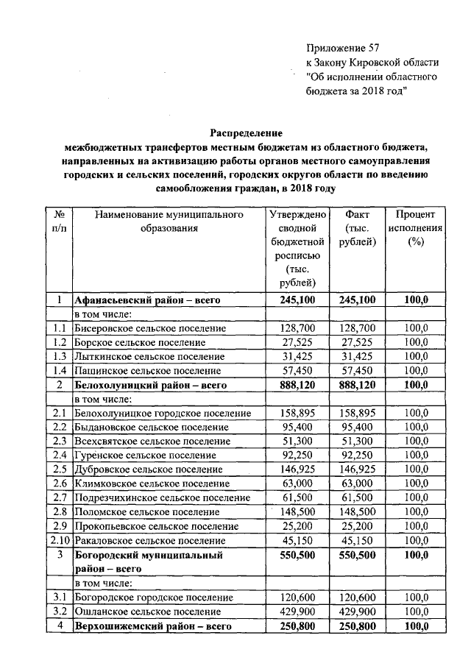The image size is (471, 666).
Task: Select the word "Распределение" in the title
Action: pyautogui.click(x=247, y=133)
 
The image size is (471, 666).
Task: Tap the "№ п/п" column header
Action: pyautogui.click(x=60, y=222)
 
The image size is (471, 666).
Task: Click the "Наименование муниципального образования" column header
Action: pyautogui.click(x=169, y=222)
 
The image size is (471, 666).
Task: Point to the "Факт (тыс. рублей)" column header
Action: pyautogui.click(x=358, y=228)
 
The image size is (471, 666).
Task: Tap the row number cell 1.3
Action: pyautogui.click(x=60, y=356)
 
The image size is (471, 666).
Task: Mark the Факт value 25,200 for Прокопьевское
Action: pyautogui.click(x=358, y=525)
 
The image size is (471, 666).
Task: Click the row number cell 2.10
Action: pyautogui.click(x=60, y=539)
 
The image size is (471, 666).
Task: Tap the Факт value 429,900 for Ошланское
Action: pyautogui.click(x=358, y=612)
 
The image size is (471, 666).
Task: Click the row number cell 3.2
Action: pyautogui.click(x=60, y=612)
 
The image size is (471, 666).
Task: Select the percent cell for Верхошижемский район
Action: pyautogui.click(x=416, y=626)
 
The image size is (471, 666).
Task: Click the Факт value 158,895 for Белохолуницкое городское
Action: pyautogui.click(x=358, y=413)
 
